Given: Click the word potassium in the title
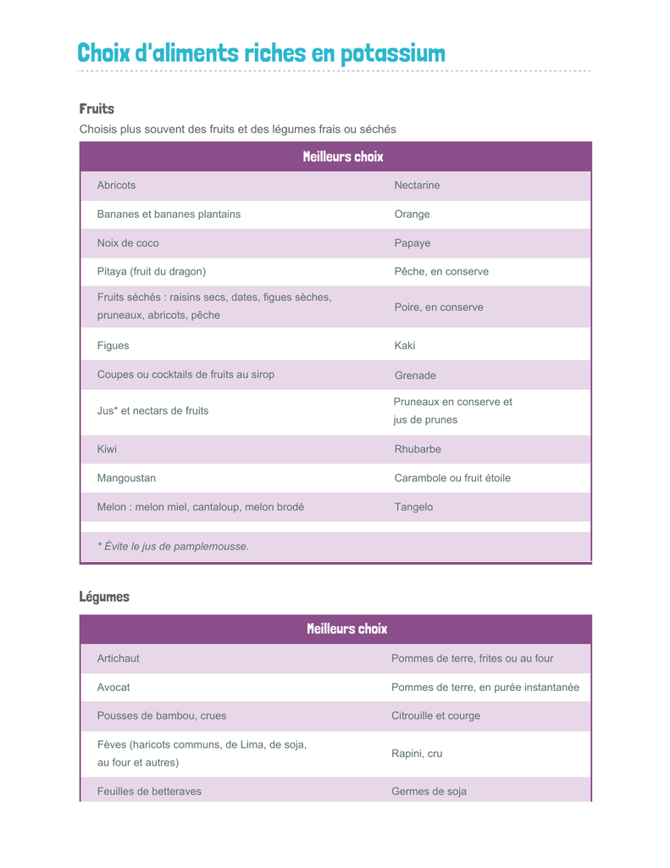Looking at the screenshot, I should [392, 53].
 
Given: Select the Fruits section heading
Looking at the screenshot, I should [97, 108].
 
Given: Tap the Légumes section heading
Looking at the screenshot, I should [104, 597].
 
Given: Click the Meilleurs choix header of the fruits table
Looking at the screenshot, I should [343, 157].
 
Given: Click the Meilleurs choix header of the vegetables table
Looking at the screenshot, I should [346, 629].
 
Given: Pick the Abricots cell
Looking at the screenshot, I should [116, 185].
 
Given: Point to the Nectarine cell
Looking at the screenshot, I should [417, 185].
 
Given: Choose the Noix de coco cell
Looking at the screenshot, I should [128, 243].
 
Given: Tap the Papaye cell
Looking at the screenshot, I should [413, 243].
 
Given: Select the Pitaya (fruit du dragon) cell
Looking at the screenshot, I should [152, 271].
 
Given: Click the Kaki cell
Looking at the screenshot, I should [405, 346].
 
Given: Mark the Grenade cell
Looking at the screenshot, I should [415, 375].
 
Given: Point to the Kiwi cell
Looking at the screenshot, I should [107, 448].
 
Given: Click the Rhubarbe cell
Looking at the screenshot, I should [418, 448].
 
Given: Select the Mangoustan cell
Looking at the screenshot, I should [126, 478].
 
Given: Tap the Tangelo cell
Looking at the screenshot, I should [413, 507].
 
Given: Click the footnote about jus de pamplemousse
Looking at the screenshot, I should [173, 546].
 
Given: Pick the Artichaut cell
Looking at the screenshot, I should [119, 658].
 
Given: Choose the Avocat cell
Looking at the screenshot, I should [114, 687].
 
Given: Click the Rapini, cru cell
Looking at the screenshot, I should [417, 754].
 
